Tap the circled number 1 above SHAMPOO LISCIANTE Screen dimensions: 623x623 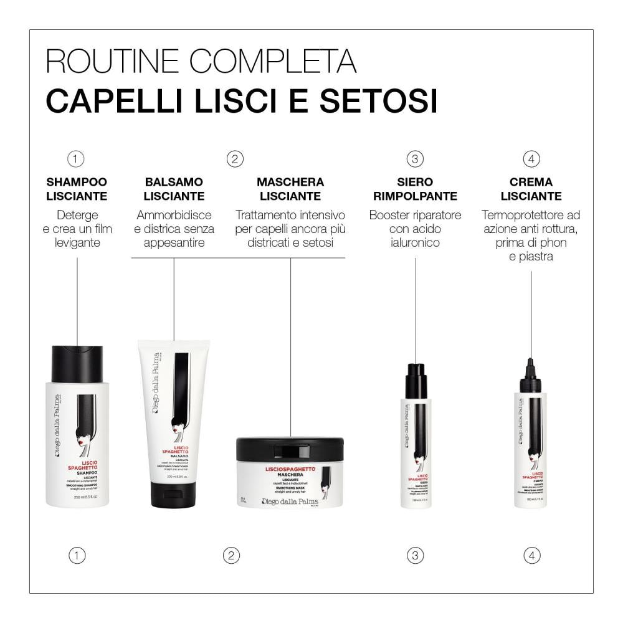coord(76,159)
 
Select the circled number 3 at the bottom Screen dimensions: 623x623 coord(416,554)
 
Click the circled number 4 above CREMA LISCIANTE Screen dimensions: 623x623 coord(531,159)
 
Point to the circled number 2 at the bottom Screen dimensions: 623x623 coord(231,554)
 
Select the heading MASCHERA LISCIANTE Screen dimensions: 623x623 coord(290,189)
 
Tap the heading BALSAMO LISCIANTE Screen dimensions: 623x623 coord(174,189)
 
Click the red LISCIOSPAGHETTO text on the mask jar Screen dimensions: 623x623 coord(290,468)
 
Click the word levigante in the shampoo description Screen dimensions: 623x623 coord(77,242)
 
